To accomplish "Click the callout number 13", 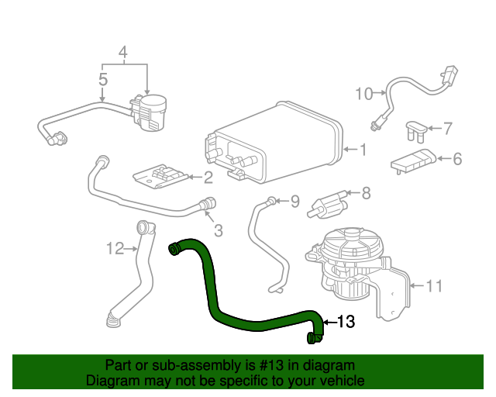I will [346, 322].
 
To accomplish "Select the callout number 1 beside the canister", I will [362, 149].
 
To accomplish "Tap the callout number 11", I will [434, 286].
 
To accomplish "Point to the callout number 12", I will [115, 249].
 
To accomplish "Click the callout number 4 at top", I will [122, 53].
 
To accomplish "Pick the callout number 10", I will [363, 94].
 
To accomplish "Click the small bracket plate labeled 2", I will [161, 177].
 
